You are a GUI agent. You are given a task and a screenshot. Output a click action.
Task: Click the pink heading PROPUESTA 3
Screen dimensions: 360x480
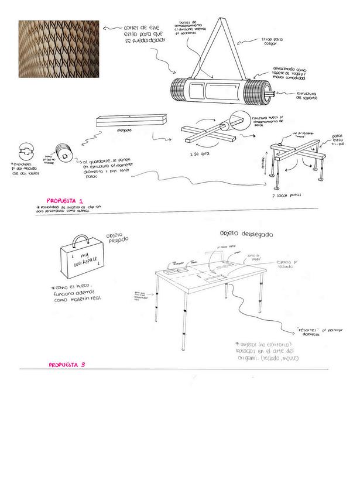(67, 364)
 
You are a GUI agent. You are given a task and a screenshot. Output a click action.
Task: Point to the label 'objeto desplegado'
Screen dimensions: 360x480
(248, 233)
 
